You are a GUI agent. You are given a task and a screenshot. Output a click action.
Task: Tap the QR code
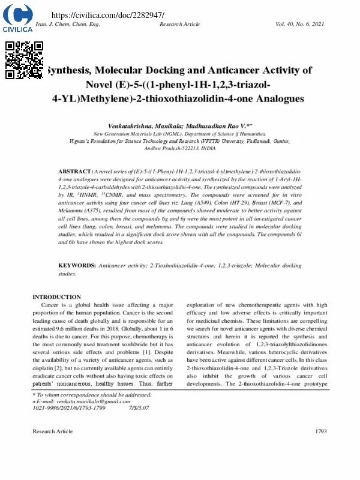point(25,60)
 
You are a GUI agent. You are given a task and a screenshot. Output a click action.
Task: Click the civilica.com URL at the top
point(108,14)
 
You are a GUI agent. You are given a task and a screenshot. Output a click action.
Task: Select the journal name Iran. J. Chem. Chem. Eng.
point(68,24)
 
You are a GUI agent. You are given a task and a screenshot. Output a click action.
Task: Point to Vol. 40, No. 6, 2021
point(299,24)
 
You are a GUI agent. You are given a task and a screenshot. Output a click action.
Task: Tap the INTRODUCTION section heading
point(56,297)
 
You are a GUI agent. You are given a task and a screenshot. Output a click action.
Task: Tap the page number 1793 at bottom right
point(320,431)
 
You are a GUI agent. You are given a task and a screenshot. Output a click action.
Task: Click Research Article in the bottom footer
point(53,431)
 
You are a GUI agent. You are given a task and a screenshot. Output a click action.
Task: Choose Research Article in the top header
point(180,24)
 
